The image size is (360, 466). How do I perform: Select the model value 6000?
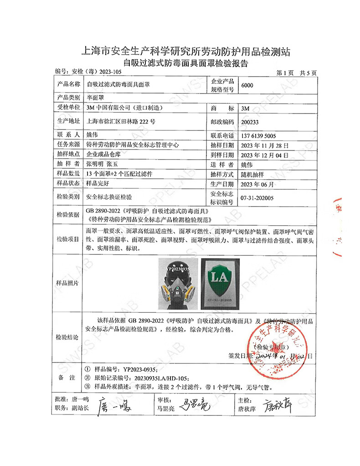click(x=248, y=85)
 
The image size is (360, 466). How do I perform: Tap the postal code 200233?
click(x=252, y=122)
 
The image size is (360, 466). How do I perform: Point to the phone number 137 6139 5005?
click(x=262, y=136)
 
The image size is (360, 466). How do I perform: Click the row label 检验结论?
click(x=67, y=338)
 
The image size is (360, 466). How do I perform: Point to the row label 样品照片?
click(x=67, y=283)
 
